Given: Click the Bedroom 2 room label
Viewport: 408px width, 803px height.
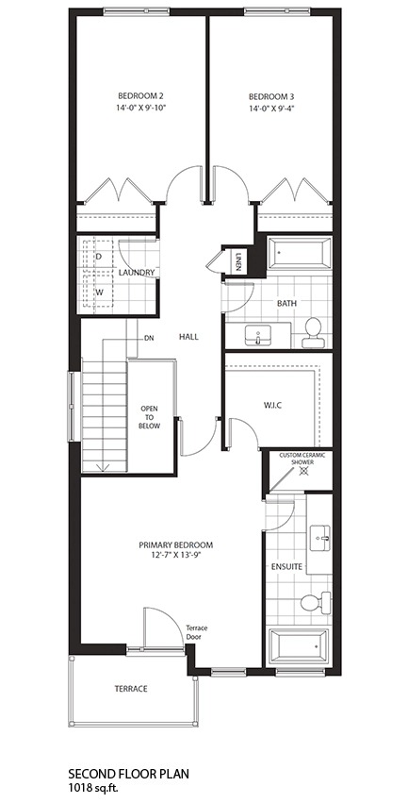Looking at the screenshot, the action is (x=140, y=95).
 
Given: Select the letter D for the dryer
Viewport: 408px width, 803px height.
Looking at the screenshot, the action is (x=100, y=256).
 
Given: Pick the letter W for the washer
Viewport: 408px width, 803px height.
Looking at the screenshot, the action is (x=100, y=293).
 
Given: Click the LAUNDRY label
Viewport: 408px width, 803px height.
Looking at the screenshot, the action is (x=136, y=273).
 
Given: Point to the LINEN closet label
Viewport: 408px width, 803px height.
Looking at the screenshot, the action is (x=238, y=261).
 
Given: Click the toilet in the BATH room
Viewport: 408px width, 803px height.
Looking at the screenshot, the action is (x=313, y=332).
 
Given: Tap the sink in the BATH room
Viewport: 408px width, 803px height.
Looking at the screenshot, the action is (x=257, y=335).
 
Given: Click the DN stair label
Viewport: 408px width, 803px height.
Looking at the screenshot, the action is (x=149, y=338).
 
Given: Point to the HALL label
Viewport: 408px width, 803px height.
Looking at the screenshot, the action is (x=188, y=337).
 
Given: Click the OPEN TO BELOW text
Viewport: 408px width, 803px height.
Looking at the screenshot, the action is (x=151, y=417).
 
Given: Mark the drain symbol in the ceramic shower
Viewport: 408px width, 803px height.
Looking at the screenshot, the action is (x=303, y=470).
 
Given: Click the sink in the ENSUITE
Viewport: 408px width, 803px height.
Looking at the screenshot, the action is (x=321, y=538).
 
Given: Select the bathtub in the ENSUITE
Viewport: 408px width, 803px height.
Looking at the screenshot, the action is (x=299, y=645).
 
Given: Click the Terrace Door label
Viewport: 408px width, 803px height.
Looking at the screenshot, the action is (x=196, y=632).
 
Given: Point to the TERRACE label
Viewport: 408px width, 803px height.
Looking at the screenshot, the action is (x=131, y=689).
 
